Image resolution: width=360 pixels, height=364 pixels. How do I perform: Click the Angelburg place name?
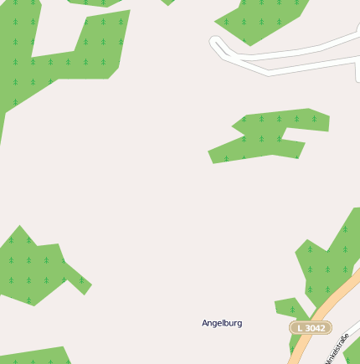click(x=222, y=323)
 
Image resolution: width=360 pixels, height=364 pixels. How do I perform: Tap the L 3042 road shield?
click(x=311, y=328)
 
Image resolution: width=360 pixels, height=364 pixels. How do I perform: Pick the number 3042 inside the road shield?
click(x=315, y=328)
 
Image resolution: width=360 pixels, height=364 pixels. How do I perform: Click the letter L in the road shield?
click(x=300, y=328)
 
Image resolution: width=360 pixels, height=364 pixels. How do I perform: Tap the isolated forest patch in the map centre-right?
click(x=268, y=136)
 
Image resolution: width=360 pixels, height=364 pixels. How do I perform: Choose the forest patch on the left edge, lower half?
click(x=33, y=264)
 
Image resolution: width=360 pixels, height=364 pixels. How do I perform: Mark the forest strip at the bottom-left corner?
click(x=33, y=356)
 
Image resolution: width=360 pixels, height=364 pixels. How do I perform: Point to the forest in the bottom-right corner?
click(x=352, y=351)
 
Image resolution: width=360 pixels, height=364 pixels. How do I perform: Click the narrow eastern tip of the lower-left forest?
click(x=84, y=285)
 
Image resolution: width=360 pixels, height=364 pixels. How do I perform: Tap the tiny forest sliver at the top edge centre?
click(x=168, y=3)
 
